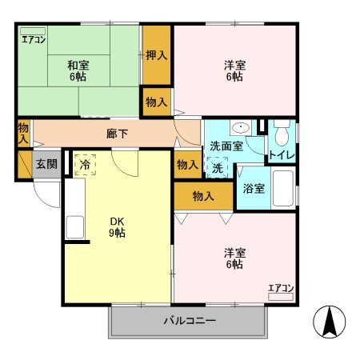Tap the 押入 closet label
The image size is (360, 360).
tap(156, 55)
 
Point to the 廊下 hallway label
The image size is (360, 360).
tap(118, 134)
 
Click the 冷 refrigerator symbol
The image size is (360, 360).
tap(86, 164)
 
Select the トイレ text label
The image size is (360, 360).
tap(280, 154)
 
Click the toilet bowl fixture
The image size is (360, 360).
tap(281, 130)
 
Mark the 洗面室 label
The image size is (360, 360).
tap(226, 146)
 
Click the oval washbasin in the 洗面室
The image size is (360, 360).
tap(238, 127)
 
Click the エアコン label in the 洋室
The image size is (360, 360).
tap(281, 288)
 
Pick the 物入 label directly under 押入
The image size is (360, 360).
tap(156, 102)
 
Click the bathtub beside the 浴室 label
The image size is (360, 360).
tap(283, 189)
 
